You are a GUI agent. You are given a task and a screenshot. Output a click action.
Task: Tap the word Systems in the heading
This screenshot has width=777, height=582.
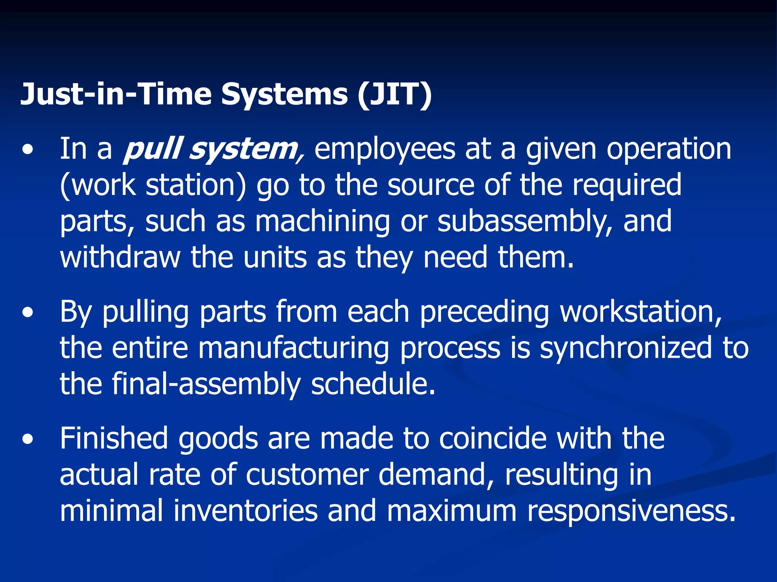pos(284,95)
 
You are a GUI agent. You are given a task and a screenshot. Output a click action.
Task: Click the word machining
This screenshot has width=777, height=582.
pos(322,221)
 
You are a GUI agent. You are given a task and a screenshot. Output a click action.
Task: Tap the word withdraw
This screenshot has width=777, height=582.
pos(120,257)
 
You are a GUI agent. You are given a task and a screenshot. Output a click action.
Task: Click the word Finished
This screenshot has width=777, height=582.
pos(114,438)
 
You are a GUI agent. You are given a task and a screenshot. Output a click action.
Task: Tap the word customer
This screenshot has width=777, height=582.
pos(307,474)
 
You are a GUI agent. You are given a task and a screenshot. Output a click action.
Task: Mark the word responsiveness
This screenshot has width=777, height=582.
pos(632,511)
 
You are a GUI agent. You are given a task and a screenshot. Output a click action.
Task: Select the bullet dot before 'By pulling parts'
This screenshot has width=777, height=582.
pos(27,313)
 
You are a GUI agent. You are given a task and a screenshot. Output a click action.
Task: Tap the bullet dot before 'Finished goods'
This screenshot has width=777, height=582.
pos(27,440)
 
